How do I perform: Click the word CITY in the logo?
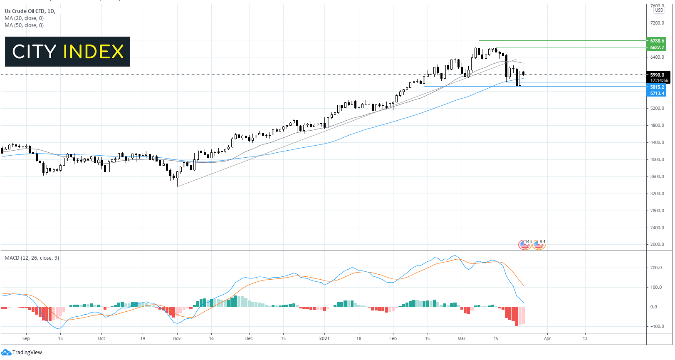pos(34,52)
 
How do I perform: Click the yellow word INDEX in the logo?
pos(94,52)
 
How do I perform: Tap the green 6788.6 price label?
pos(657,41)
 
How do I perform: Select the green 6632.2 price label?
pos(657,47)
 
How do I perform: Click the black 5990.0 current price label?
pos(658,75)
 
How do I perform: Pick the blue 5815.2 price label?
pos(657,87)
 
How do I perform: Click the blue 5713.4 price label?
pos(657,93)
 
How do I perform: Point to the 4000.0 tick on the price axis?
pos(657,159)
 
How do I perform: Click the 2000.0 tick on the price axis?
pos(657,244)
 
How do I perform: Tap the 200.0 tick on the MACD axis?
pos(656,268)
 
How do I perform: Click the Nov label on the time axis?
pos(177,338)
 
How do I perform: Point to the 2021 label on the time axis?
pos(324,338)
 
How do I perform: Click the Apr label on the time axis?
pos(547,338)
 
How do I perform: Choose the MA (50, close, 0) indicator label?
pos(24,25)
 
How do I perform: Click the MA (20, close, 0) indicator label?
pos(24,18)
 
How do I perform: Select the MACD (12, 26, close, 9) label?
pos(32,258)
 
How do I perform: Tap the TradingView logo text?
pos(27,353)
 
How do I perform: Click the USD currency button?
pos(659,10)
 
